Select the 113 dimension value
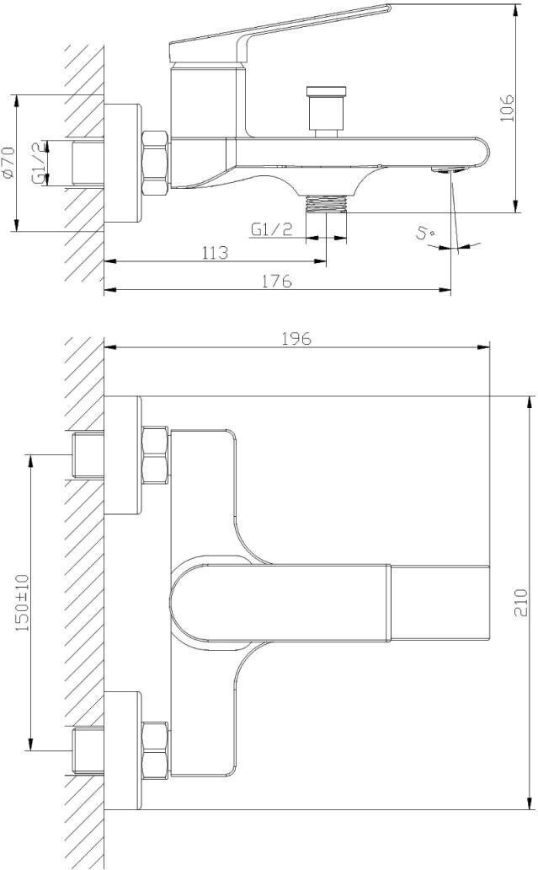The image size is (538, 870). pos(215,253)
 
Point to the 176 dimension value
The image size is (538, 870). pos(277,282)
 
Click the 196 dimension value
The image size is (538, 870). pos(296,338)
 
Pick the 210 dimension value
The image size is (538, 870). pos(521,603)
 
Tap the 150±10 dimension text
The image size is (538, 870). pos(23,603)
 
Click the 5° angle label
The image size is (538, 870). pos(426,231)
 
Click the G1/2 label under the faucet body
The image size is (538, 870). pos(271,229)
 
